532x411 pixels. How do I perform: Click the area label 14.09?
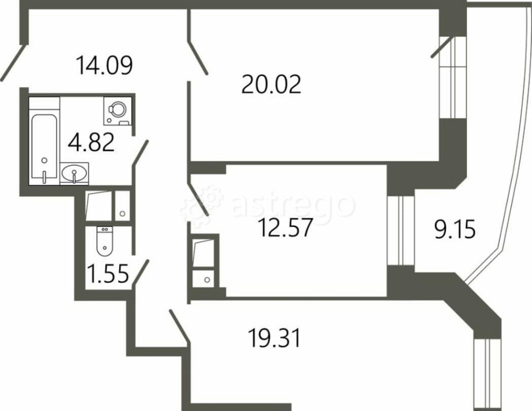104,65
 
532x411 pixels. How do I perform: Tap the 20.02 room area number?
271,84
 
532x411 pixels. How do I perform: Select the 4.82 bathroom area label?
92,143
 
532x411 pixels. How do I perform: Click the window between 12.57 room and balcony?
401,230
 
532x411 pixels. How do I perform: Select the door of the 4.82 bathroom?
140,152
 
